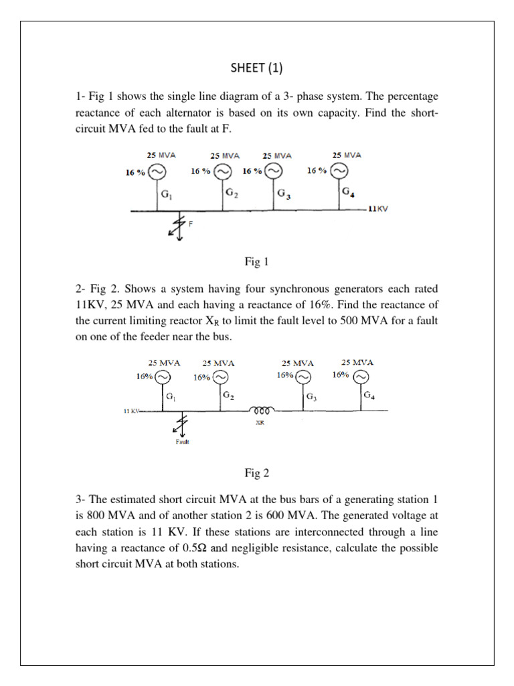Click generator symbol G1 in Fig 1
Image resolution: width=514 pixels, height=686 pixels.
(x=156, y=171)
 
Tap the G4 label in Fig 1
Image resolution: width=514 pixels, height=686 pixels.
(x=348, y=192)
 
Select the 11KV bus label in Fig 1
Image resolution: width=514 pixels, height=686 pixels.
(x=378, y=209)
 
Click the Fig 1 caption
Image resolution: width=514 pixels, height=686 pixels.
(x=256, y=262)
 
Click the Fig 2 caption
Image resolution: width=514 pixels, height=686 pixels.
(x=256, y=474)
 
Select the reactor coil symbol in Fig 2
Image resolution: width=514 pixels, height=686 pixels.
(x=260, y=409)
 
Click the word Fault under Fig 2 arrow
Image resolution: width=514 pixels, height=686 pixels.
(x=182, y=441)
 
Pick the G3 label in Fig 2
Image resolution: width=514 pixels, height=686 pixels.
(x=311, y=397)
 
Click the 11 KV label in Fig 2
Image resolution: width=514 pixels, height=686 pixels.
(x=131, y=410)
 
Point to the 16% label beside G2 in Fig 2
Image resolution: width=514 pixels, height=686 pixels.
(x=201, y=377)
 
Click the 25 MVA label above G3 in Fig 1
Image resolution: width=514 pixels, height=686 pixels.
(x=276, y=155)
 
